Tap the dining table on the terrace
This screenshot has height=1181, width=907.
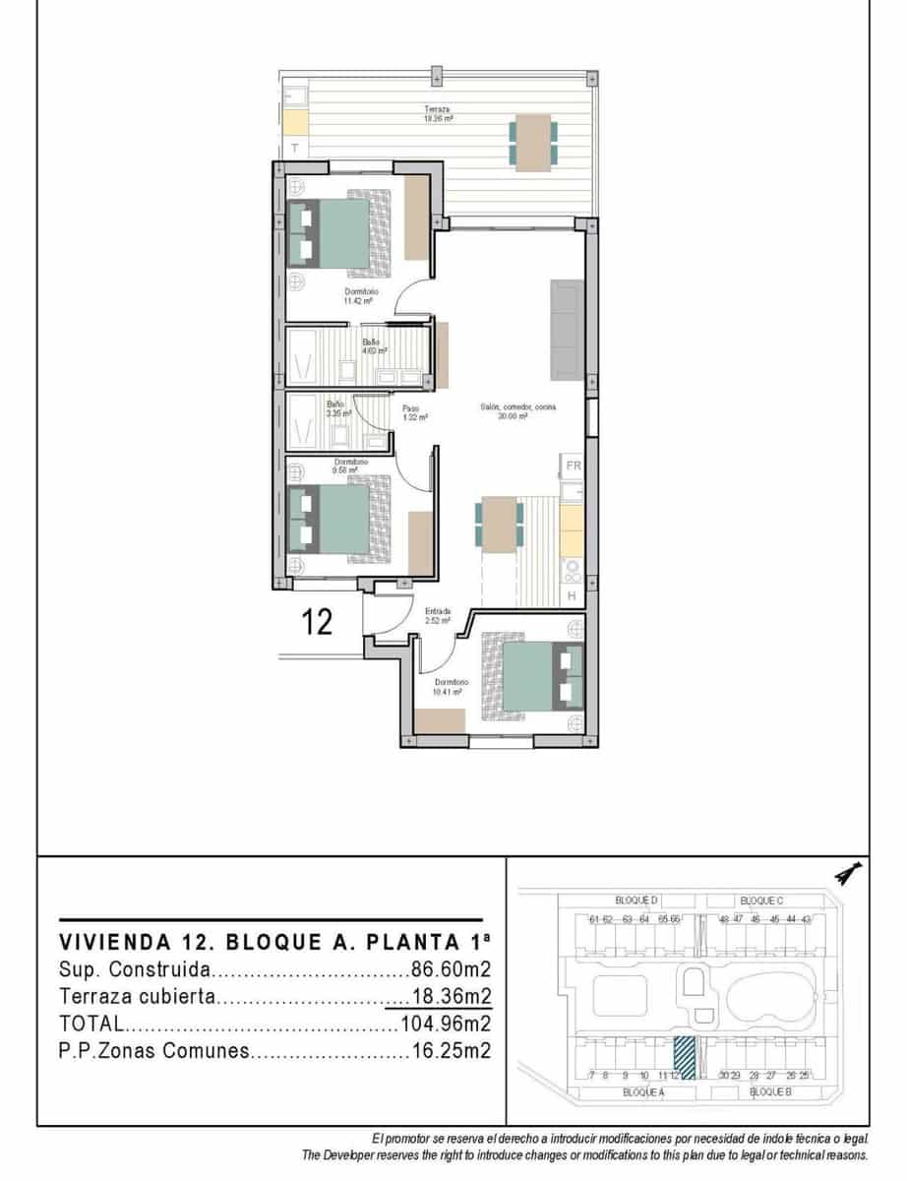click(x=533, y=142)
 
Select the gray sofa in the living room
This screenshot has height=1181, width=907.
click(x=567, y=329)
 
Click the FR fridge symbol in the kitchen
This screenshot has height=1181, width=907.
click(x=573, y=466)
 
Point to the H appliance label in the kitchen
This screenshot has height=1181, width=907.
click(x=572, y=595)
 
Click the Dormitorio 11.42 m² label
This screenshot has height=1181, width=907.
click(x=361, y=296)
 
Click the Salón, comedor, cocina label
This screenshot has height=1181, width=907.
click(x=511, y=412)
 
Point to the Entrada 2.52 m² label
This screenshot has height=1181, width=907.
click(x=437, y=616)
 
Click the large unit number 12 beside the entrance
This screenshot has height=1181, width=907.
click(x=317, y=622)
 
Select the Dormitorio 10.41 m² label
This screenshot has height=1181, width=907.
click(x=451, y=686)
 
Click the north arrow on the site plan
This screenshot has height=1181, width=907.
click(x=847, y=873)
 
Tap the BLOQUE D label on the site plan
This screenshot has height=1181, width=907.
click(x=636, y=901)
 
